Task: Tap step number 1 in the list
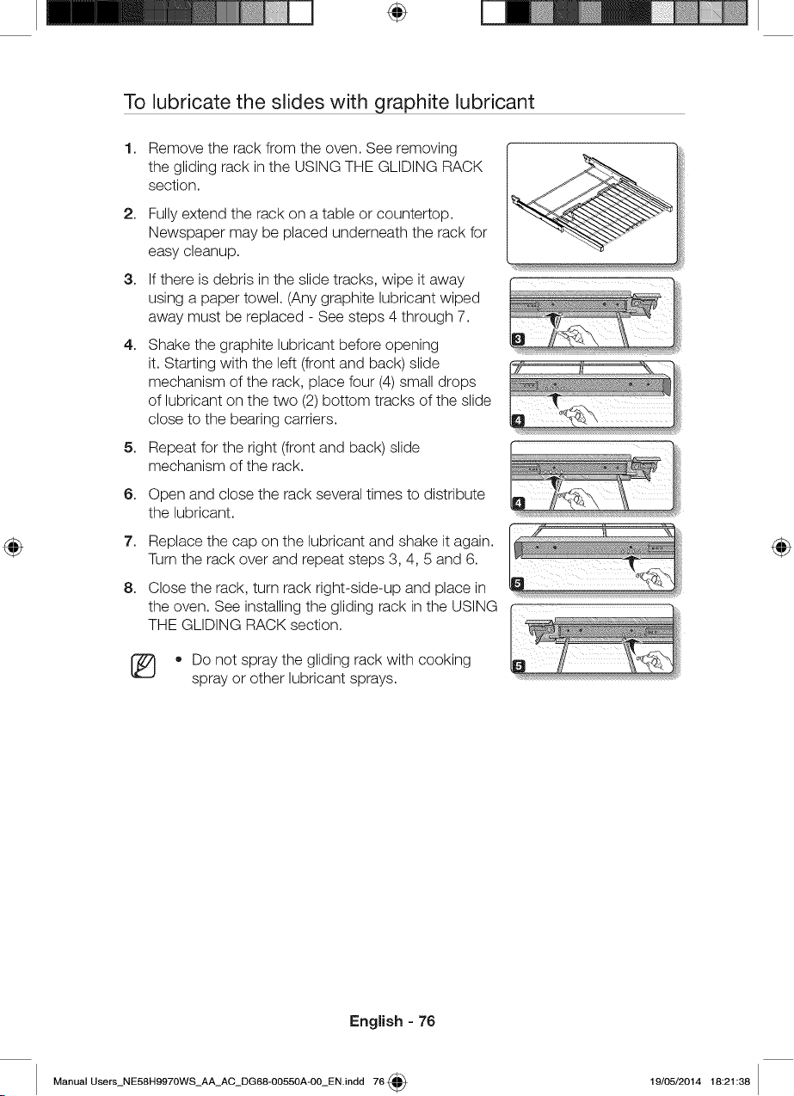tap(129, 148)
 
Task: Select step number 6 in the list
tap(129, 494)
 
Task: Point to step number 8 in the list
tap(129, 588)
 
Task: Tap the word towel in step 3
tap(262, 298)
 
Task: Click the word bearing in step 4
tap(263, 419)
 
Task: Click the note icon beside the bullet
tap(143, 666)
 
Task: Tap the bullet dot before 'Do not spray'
tap(179, 660)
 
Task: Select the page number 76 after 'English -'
tap(427, 1021)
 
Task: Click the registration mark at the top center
tap(397, 13)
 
